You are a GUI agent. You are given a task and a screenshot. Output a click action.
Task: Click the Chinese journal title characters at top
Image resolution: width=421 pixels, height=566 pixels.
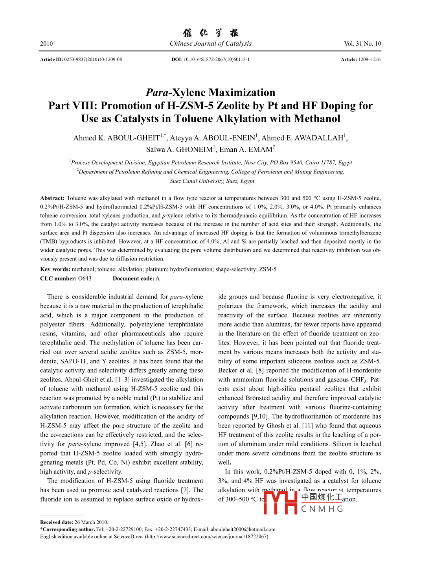(x=210, y=33)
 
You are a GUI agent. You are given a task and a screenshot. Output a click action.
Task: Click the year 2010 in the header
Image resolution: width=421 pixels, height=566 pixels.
(x=46, y=44)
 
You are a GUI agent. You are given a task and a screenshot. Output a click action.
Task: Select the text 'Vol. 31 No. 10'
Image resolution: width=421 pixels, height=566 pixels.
(x=362, y=44)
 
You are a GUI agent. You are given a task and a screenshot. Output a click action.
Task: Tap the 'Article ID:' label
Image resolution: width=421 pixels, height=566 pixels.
(x=51, y=59)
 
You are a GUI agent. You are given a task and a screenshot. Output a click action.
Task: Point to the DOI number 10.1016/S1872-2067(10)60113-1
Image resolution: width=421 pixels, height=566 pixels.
(x=217, y=59)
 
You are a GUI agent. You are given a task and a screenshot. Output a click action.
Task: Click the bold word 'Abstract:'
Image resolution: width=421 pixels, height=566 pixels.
(x=52, y=198)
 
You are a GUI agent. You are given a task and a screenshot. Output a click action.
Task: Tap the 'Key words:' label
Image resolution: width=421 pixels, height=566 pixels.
(x=55, y=269)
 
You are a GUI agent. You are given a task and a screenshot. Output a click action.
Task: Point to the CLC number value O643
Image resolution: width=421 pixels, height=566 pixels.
(x=85, y=278)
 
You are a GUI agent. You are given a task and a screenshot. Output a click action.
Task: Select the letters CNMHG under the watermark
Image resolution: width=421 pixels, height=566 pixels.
(x=322, y=509)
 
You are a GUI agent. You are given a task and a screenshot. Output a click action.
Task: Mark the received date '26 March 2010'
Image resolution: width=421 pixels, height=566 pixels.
(x=91, y=522)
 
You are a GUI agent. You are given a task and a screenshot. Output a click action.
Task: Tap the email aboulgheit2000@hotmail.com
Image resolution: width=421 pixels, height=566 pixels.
(x=243, y=529)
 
